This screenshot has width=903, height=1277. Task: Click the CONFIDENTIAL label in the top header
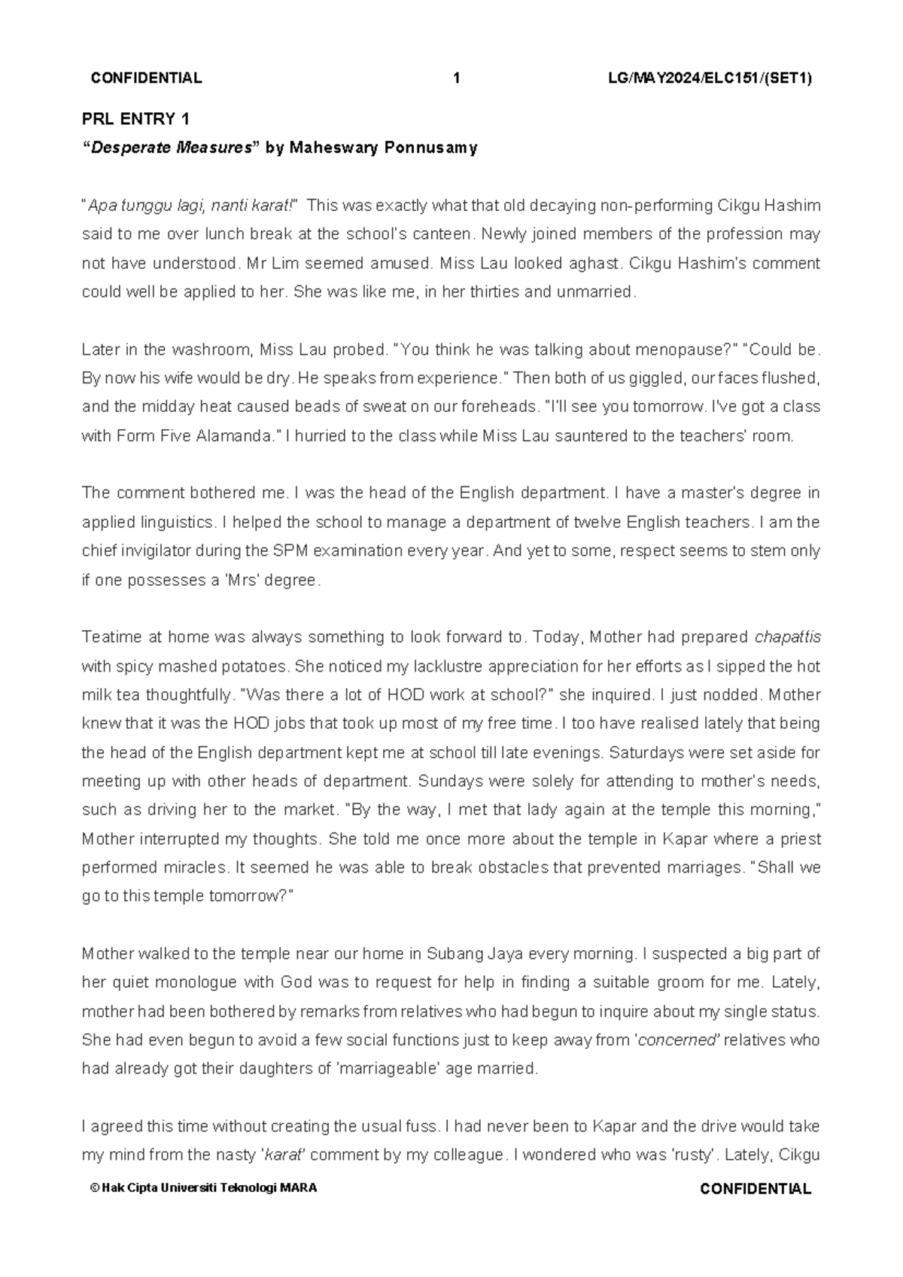[x=146, y=78]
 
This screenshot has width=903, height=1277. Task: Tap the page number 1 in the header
[x=456, y=78]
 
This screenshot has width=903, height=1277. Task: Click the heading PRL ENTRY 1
[x=135, y=119]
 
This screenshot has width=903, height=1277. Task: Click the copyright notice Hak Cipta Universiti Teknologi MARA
[x=203, y=1189]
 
